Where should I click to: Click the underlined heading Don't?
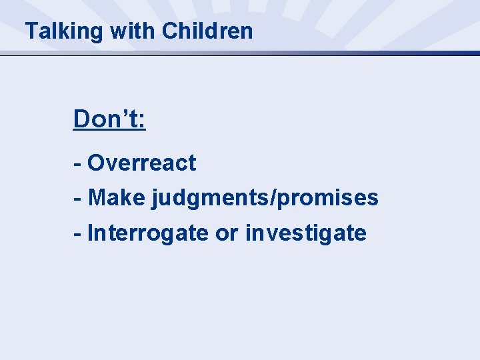[x=109, y=119]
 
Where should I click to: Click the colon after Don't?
[x=142, y=122]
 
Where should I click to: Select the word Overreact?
[x=141, y=163]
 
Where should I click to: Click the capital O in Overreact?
[x=96, y=163]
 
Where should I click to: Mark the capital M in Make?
[x=97, y=198]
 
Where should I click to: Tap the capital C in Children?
[x=169, y=31]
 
